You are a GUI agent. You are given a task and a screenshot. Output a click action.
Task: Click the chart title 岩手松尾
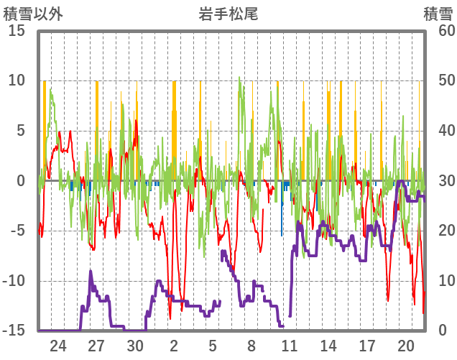(228, 12)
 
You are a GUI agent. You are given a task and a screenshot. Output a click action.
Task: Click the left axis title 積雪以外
(32, 13)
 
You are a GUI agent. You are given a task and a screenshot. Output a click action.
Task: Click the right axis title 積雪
(437, 13)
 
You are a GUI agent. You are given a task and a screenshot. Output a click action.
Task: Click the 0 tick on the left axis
(22, 181)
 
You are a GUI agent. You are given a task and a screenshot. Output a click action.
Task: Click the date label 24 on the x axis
(58, 346)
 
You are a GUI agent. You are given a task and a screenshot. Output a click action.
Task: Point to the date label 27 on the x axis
(97, 346)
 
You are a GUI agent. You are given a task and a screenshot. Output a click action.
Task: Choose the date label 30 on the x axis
(136, 346)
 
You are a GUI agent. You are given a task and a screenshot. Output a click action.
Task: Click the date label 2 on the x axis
(175, 346)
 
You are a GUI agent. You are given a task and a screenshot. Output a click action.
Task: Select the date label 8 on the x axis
(251, 346)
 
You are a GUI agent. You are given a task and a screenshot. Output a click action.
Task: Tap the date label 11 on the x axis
(290, 346)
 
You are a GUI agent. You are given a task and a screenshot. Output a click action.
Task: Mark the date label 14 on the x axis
(328, 346)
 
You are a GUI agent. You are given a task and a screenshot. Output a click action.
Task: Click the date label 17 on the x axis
(367, 346)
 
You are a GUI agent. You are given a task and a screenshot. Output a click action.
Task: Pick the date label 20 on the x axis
(406, 346)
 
